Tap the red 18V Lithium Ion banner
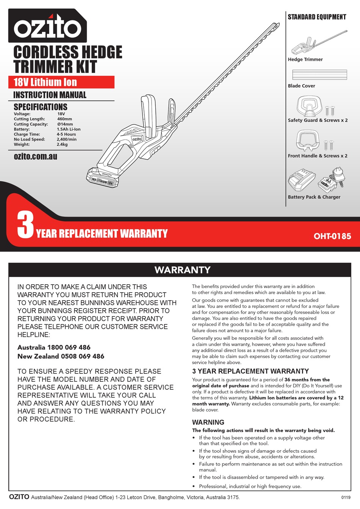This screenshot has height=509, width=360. tap(61, 82)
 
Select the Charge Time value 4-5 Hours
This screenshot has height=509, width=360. tap(66, 134)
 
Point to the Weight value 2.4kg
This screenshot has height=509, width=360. tap(62, 144)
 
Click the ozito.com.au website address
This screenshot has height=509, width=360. tap(35, 156)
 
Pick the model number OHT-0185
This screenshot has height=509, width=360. tap(332, 236)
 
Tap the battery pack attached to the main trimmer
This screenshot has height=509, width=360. tap(102, 179)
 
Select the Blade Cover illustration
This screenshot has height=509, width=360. tap(319, 75)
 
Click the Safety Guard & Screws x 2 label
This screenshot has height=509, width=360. tap(318, 120)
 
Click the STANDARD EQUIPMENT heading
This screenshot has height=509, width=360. tap(317, 17)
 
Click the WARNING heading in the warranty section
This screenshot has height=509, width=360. tap(208, 422)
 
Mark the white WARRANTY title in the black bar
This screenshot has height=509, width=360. tap(182, 270)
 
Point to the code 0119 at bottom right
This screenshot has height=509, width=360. tap(346, 498)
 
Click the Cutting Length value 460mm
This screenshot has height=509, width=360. tap(64, 119)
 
